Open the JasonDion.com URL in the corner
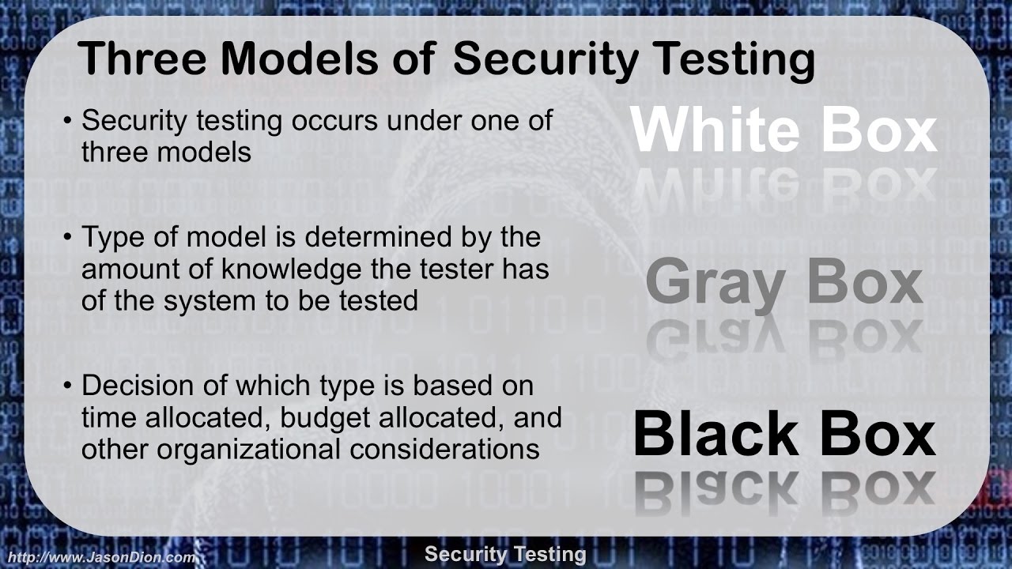click(x=98, y=558)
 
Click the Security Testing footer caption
click(x=505, y=555)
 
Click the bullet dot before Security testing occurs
click(x=68, y=122)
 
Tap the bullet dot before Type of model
click(x=68, y=238)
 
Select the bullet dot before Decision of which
click(x=68, y=387)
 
